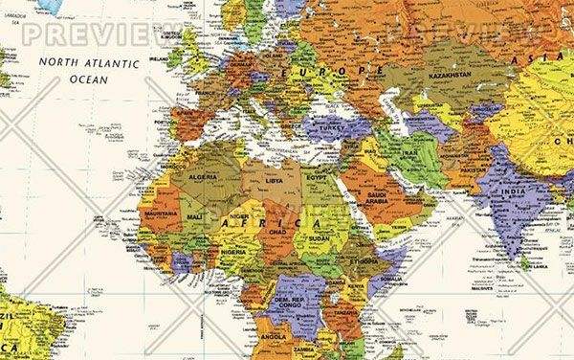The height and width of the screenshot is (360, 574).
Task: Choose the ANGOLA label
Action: pyautogui.click(x=275, y=338)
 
